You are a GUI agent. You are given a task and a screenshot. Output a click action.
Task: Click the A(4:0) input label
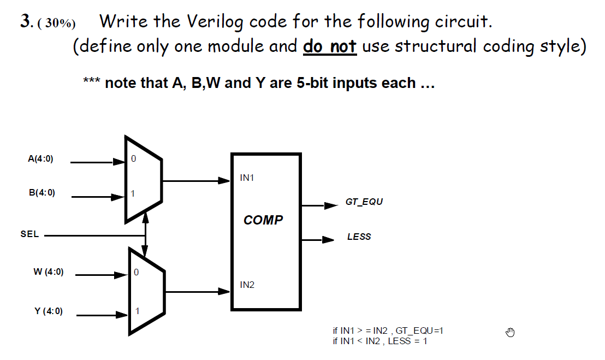click(x=40, y=160)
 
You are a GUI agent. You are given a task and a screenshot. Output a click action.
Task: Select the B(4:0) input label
click(x=41, y=193)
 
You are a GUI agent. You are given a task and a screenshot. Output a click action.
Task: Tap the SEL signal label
click(x=29, y=234)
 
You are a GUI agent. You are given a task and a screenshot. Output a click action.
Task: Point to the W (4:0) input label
click(x=49, y=272)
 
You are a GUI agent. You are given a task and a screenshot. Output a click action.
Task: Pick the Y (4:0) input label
click(x=49, y=311)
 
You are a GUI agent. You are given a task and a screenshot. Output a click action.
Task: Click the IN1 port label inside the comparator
click(x=247, y=178)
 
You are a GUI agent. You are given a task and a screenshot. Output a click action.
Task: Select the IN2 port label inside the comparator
click(x=247, y=285)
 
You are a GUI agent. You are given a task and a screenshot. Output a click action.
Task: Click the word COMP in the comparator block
click(x=263, y=220)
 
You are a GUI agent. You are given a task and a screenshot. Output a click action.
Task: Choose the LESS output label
click(x=359, y=237)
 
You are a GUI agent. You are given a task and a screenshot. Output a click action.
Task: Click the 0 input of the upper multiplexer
click(x=133, y=159)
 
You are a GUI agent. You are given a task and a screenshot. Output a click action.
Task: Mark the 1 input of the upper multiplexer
click(x=133, y=193)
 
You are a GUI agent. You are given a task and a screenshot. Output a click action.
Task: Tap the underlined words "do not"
click(x=330, y=46)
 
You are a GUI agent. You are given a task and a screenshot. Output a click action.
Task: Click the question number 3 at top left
click(x=25, y=21)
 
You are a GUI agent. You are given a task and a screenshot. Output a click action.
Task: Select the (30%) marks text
click(x=57, y=23)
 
